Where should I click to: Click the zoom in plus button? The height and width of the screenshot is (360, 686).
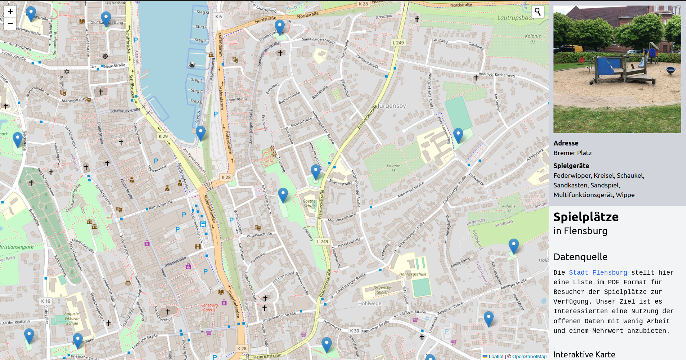point(10,12)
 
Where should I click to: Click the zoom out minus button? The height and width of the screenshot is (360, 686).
point(10,24)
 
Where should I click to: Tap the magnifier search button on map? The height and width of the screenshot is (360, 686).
point(537,12)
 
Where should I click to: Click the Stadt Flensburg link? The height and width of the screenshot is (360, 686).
point(598,272)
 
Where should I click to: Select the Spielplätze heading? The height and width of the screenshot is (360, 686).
point(586,217)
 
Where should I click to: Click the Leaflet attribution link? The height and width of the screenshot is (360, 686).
point(496,356)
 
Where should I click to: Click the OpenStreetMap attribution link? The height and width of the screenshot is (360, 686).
point(529,356)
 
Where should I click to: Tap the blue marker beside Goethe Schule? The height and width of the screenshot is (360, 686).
point(283,194)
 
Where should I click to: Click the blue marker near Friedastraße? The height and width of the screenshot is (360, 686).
point(280,26)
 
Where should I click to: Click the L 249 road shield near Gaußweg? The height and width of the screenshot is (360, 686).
point(398,43)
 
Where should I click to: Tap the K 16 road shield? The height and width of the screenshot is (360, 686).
point(46,301)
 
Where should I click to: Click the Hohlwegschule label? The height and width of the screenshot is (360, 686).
point(413,274)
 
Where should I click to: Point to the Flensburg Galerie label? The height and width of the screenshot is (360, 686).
point(209,308)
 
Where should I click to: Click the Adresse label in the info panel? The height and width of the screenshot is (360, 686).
point(566,143)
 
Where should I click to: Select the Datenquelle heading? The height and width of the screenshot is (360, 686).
point(580,257)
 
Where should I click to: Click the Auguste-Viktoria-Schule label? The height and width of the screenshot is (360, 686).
point(72,318)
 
